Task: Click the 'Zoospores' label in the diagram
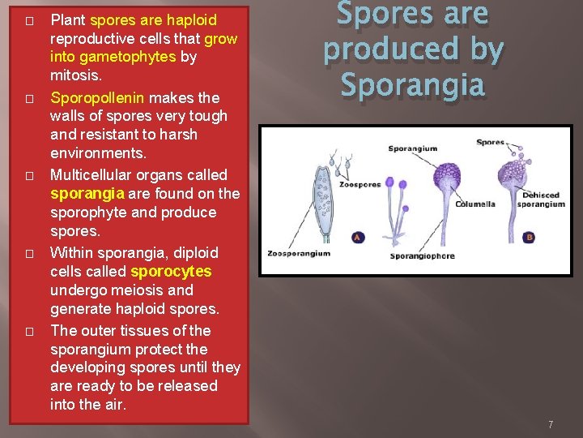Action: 361,184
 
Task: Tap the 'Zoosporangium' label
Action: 299,253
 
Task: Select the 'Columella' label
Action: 474,204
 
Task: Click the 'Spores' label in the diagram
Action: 490,142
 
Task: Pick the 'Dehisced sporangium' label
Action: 542,200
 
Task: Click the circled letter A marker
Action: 357,237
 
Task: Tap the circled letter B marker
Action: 530,237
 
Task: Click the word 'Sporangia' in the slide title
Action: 413,84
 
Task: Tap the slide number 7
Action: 550,424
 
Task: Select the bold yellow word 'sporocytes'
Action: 171,271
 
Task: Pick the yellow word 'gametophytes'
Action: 113,57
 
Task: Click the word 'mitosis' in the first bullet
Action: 75,75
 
